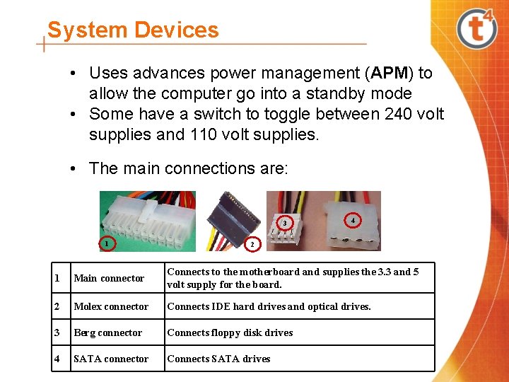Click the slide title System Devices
pos(133,30)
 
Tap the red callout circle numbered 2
pos(252,244)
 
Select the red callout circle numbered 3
pos(284,223)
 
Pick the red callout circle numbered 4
pos(352,220)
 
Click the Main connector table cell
pos(109,278)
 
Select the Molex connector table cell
pos(111,306)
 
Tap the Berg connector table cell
pos(108,332)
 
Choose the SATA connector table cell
pos(111,359)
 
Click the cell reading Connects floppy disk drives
pos(230,332)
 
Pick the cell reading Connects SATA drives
pos(218,359)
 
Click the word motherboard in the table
pos(269,272)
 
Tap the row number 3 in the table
pos(57,332)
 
